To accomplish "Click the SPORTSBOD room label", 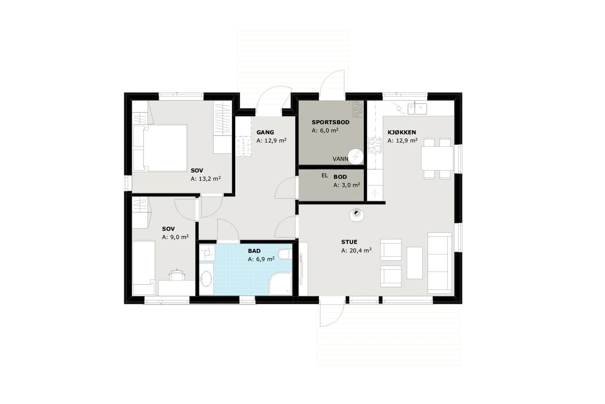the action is coord(330,122).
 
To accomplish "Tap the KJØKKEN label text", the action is coord(402,132).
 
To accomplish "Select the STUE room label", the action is coord(349,242).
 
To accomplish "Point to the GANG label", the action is coord(265,133).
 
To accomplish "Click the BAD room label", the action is coord(254,251).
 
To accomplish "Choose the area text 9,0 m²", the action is coord(179,237).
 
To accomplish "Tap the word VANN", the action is coord(340,159).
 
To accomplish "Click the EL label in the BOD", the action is coord(325,176).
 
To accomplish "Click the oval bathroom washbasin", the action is coord(207,279).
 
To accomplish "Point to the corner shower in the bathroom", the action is coord(280,284).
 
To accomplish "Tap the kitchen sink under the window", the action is coord(417,108).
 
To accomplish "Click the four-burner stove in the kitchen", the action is coord(375,145).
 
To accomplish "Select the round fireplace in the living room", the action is coord(356,215).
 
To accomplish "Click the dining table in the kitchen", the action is coord(437,159).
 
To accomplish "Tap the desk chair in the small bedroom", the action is coord(177,275).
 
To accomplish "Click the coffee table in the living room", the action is coord(414,263).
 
